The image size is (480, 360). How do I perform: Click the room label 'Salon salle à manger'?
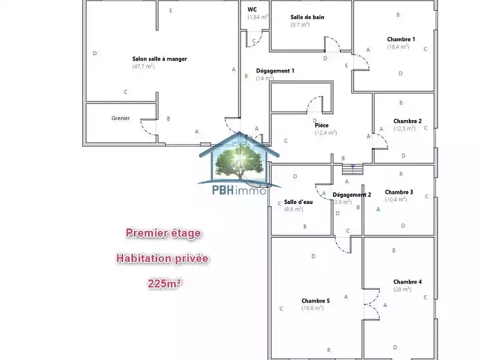point(160,59)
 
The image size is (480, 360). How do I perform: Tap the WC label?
point(252,9)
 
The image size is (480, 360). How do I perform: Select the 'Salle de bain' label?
point(307,17)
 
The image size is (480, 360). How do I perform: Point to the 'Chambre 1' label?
point(401,39)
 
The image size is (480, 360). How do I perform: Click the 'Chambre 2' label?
point(407,121)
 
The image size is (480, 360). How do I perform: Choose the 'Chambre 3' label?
point(399,192)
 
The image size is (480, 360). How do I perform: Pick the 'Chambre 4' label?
point(407,281)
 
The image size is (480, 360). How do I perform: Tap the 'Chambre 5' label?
point(316,301)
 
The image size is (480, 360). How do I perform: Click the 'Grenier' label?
point(121,118)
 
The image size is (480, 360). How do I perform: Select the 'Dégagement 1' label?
point(275,70)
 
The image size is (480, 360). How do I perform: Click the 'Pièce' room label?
point(322,125)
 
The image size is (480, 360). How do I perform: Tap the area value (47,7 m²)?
point(143,67)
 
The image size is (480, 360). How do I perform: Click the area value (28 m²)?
point(402,289)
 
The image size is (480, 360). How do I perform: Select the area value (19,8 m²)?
point(313,308)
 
